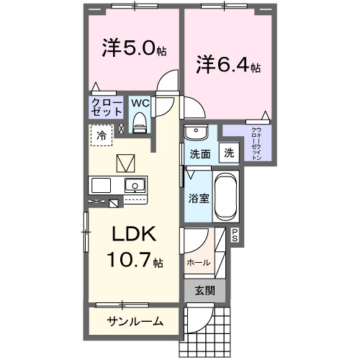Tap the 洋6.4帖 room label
(x=228, y=65)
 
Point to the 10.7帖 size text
(x=134, y=261)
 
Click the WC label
(x=140, y=103)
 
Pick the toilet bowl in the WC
(x=141, y=121)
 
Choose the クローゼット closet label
(x=105, y=107)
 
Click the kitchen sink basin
(x=133, y=186)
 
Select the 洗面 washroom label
(x=200, y=153)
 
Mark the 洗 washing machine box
(x=228, y=153)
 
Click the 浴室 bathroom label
(x=199, y=197)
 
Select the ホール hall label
(x=199, y=263)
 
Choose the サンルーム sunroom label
(x=135, y=321)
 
